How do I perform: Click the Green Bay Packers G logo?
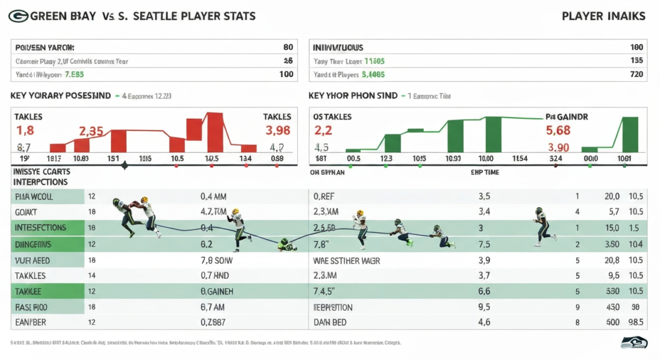click(18, 16)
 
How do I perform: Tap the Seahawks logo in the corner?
click(633, 342)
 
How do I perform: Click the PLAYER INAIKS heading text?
click(603, 16)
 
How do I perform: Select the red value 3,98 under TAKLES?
click(277, 131)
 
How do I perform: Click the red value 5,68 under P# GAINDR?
click(558, 131)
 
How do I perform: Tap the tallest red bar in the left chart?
click(215, 133)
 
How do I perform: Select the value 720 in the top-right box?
click(636, 75)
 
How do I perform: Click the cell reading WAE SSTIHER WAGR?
click(346, 260)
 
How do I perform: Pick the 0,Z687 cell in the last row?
click(213, 322)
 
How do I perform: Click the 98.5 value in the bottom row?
click(635, 322)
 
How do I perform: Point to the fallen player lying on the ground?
click(287, 245)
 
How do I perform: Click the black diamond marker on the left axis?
click(124, 166)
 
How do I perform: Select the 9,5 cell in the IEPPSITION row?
click(485, 307)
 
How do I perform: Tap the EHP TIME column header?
click(485, 172)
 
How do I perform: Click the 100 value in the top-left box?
click(286, 75)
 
